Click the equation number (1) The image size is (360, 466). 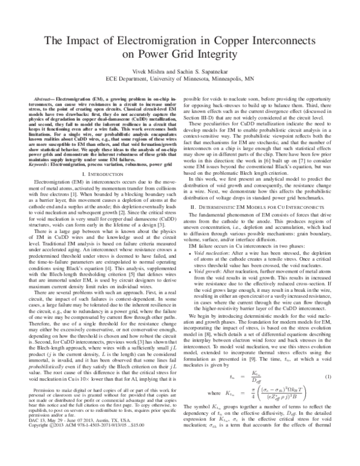point(328,377)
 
